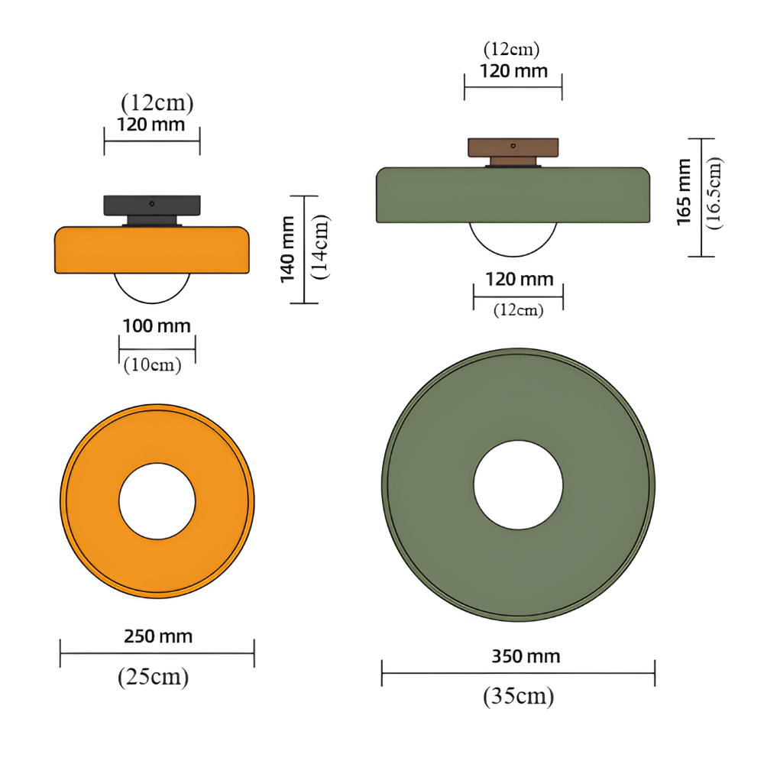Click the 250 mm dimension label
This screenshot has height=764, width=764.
[x=158, y=636]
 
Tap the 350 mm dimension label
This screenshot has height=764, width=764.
[x=526, y=656]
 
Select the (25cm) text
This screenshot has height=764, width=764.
[x=153, y=677]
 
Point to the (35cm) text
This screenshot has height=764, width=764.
[x=519, y=696]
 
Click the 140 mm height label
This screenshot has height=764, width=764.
[x=287, y=249]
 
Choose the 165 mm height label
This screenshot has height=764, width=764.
[x=684, y=192]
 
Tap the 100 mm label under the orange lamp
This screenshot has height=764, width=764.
[x=157, y=326]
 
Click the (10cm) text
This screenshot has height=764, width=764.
[x=153, y=364]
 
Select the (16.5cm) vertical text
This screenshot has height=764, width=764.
[x=714, y=193]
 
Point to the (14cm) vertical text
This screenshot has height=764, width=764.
[x=320, y=247]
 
